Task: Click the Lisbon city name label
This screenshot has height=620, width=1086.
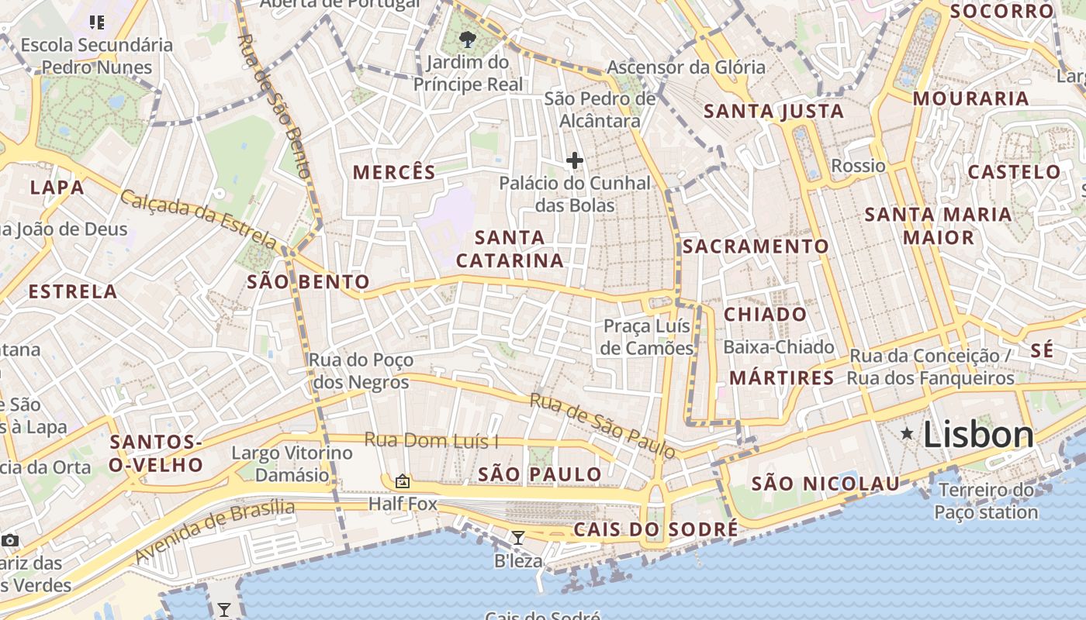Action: (978, 435)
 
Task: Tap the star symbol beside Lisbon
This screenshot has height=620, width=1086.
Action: (906, 434)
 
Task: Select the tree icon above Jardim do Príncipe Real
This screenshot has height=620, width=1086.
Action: (467, 39)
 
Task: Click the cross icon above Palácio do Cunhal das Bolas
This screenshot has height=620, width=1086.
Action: (574, 160)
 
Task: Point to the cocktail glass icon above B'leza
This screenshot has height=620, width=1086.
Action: (517, 537)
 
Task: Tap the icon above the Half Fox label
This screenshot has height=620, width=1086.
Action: (402, 481)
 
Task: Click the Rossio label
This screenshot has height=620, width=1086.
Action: (858, 165)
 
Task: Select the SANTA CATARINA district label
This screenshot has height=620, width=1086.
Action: (510, 249)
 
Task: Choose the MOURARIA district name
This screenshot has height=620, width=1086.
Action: (970, 98)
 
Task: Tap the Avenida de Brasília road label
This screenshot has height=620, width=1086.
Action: (215, 531)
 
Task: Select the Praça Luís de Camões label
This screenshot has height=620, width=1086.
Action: (647, 337)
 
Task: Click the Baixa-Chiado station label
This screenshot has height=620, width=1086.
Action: (779, 346)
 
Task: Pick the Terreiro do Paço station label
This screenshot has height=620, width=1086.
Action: (986, 501)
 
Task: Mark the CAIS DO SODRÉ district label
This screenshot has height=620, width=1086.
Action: (655, 529)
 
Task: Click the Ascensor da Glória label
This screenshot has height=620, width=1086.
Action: (686, 67)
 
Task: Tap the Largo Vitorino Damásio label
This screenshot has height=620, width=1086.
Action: (292, 463)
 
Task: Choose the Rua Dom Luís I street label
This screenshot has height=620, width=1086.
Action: (431, 441)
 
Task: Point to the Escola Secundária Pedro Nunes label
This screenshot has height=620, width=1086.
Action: (97, 56)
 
